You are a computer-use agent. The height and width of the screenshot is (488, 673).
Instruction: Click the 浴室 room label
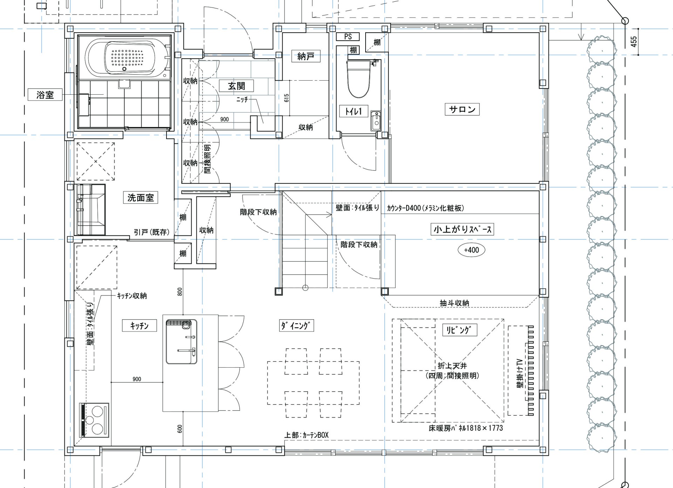click(x=45, y=95)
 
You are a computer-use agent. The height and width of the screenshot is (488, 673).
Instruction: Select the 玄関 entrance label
click(x=236, y=86)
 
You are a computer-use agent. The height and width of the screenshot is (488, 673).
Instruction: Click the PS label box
click(x=348, y=36)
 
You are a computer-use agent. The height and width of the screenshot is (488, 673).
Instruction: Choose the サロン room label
click(x=462, y=109)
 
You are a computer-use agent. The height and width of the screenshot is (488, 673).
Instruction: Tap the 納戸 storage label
click(x=306, y=56)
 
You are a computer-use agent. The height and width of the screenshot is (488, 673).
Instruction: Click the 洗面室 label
click(x=141, y=198)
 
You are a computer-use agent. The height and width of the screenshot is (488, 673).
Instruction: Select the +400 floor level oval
click(x=471, y=250)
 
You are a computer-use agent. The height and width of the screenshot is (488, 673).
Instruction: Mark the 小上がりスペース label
click(x=462, y=229)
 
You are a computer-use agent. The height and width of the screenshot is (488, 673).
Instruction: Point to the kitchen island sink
click(x=181, y=342)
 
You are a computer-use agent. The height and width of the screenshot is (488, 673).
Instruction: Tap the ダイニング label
click(x=296, y=326)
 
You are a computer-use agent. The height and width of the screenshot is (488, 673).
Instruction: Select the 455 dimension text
click(x=634, y=42)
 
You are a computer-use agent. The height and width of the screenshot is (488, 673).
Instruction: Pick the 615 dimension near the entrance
click(x=287, y=98)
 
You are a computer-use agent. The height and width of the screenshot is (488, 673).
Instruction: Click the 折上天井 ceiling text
click(x=452, y=366)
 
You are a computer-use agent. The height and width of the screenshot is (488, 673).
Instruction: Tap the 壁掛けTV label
click(x=520, y=373)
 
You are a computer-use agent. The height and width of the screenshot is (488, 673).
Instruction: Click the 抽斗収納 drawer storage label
click(x=454, y=303)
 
